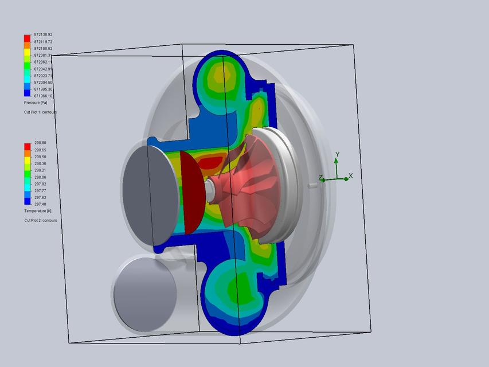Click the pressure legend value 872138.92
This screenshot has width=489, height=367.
[x=43, y=35]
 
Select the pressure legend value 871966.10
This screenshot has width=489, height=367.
[x=43, y=96]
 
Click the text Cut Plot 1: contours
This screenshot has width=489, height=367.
[x=40, y=112]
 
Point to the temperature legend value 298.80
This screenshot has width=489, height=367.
[x=40, y=143]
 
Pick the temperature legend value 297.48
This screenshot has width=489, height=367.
[x=40, y=204]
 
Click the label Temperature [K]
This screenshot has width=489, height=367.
[x=37, y=211]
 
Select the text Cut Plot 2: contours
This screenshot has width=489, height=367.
[x=40, y=220]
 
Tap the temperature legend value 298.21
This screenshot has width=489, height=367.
[x=40, y=170]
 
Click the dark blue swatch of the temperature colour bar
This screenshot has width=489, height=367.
[x=27, y=202]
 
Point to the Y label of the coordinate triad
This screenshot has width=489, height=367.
[x=338, y=154]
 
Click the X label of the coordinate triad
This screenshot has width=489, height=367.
[x=350, y=176]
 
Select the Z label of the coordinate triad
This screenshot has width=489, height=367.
[x=320, y=178]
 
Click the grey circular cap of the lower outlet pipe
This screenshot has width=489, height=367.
[x=144, y=294]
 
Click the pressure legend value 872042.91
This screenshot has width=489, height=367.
[x=43, y=69]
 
